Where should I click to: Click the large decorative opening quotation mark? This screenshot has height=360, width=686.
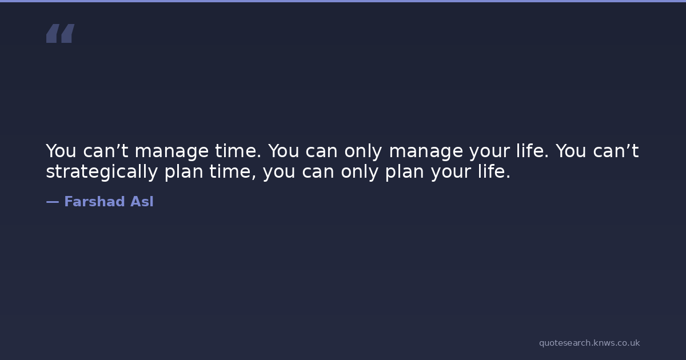[x=61, y=33]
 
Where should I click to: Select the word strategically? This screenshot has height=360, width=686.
[x=102, y=172]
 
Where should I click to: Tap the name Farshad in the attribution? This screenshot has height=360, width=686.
[x=94, y=201]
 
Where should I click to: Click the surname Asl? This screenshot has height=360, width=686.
[x=142, y=201]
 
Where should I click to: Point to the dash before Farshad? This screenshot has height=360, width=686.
[x=53, y=202]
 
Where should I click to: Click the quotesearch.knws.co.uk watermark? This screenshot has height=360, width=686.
[x=589, y=343]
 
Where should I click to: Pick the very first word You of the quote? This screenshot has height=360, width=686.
[x=61, y=151]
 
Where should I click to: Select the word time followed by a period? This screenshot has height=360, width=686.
[x=238, y=151]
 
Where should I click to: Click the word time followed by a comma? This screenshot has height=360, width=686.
[x=233, y=172]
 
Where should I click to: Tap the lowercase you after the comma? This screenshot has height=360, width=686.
[x=279, y=172]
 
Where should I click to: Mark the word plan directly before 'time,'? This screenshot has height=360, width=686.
[x=184, y=172]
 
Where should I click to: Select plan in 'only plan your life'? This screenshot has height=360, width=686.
[x=405, y=172]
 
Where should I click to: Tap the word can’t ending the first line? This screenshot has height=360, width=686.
[x=616, y=151]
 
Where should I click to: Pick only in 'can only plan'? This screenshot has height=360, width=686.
[x=360, y=172]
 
